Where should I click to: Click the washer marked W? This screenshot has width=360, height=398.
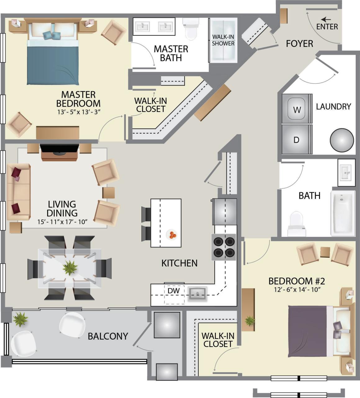point(297,109)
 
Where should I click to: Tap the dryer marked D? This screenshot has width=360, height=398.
point(297,139)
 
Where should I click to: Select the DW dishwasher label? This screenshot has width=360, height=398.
point(174,291)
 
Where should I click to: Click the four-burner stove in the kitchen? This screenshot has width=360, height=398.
point(224,247)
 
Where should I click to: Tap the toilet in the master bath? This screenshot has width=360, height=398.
point(190,29)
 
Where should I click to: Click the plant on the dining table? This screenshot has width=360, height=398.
point(70,267)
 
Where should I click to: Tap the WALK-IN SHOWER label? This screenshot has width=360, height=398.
point(223,40)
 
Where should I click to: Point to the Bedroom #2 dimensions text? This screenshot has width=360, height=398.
point(297,289)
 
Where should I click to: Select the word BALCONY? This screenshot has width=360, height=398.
point(108,336)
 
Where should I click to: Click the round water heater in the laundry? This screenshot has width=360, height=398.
point(342,140)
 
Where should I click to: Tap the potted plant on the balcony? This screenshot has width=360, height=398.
point(20,319)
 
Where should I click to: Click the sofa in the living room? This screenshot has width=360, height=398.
point(18,192)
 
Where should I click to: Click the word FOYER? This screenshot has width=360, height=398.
point(299,44)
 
